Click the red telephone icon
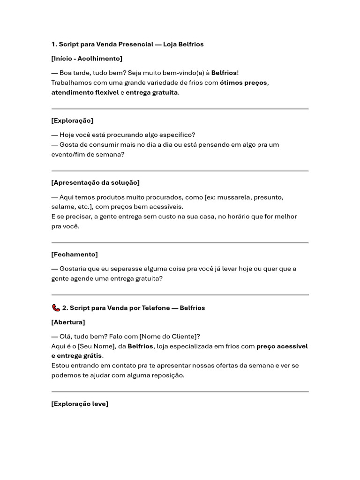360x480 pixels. (x=56, y=308)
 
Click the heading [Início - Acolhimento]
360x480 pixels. (x=87, y=59)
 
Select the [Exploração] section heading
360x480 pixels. (x=72, y=120)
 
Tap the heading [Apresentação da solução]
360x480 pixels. (x=95, y=182)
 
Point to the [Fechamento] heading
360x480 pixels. (x=75, y=254)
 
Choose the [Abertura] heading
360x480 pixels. (x=68, y=322)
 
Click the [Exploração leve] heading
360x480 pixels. (x=80, y=404)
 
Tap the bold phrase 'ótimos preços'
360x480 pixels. (x=243, y=83)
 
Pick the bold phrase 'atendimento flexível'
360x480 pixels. (x=85, y=92)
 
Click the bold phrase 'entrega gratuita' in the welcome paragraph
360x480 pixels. (x=152, y=92)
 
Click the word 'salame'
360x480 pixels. (x=62, y=207)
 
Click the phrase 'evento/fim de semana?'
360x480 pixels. (x=88, y=154)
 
